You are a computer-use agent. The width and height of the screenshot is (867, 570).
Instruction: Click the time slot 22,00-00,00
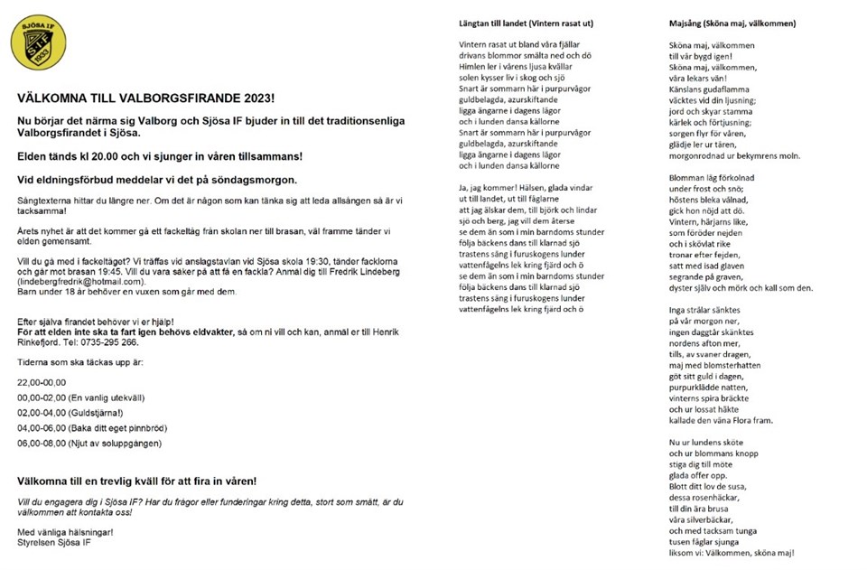coord(42,382)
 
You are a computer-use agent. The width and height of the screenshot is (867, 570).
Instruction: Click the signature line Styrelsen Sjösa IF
coord(54,543)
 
